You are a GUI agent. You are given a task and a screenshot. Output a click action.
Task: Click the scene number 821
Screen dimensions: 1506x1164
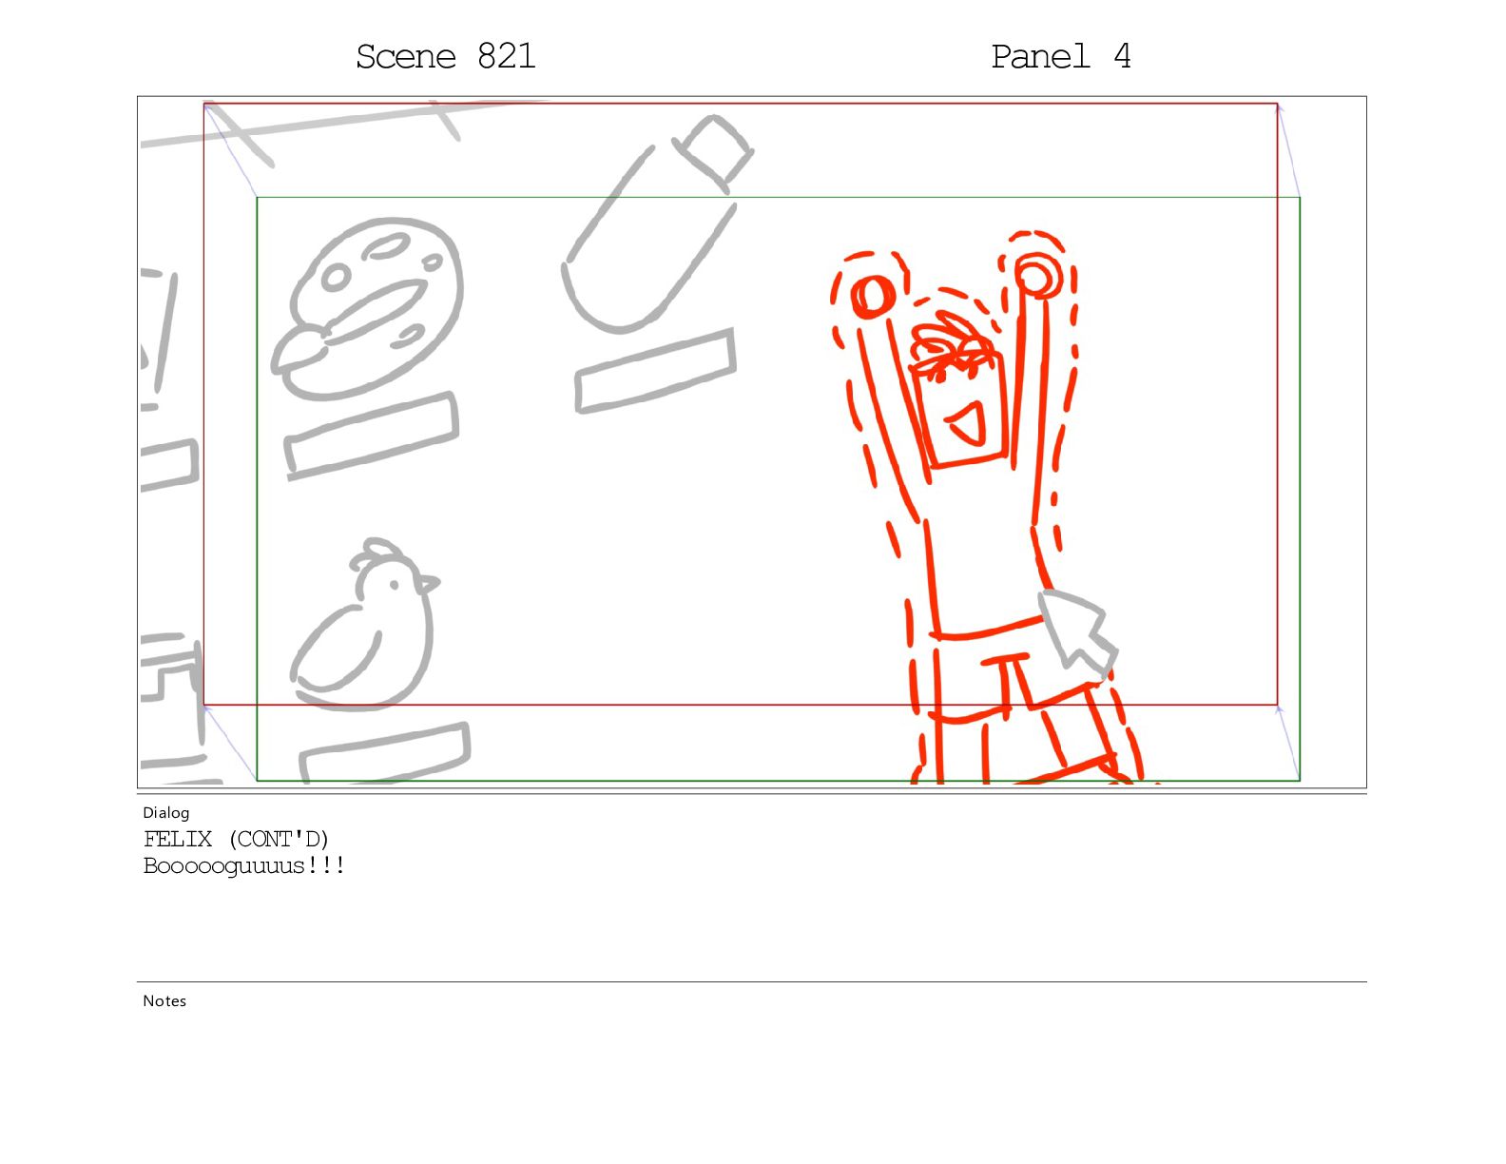[506, 56]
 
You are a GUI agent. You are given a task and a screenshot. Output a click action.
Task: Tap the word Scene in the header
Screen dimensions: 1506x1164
[405, 56]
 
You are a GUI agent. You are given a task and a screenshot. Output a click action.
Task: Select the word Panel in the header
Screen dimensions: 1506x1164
[1039, 56]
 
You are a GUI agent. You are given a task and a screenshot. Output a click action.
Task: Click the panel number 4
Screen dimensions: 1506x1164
[1123, 56]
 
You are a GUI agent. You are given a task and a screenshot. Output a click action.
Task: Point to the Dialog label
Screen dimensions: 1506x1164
[165, 813]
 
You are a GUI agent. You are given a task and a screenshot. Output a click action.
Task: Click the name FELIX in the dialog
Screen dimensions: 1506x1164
[178, 840]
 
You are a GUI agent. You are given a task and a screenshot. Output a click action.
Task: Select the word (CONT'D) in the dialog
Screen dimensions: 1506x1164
[279, 840]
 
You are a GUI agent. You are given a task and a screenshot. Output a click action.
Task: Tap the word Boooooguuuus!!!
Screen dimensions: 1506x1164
[243, 866]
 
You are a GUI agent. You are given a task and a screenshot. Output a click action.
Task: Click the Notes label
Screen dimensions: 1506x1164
[164, 1001]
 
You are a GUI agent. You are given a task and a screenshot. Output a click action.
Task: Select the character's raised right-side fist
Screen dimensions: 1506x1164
[1037, 275]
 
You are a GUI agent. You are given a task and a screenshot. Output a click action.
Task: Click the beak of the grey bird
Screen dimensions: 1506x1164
[428, 584]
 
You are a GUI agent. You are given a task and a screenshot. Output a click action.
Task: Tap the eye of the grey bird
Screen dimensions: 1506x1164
[394, 585]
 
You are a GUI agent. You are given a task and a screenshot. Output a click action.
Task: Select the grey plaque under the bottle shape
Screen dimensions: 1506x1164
[656, 372]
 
